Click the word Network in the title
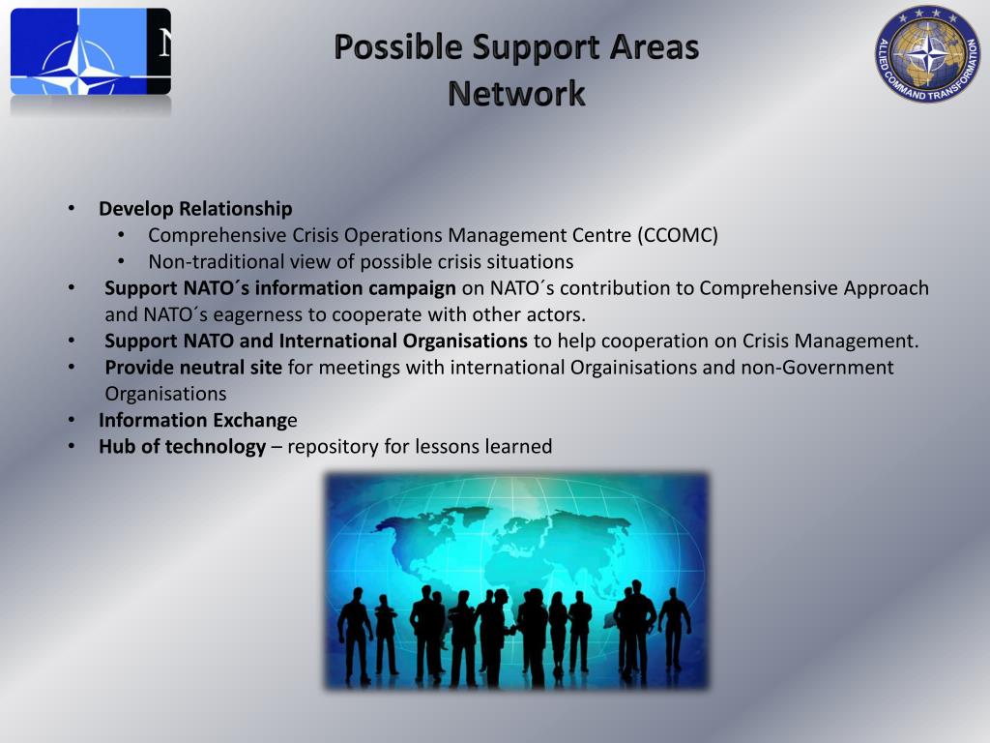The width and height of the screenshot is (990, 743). pos(516,94)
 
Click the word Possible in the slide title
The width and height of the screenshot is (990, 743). pos(398,47)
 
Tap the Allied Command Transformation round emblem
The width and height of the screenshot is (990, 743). pos(927,54)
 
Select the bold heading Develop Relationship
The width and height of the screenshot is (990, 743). pos(195,209)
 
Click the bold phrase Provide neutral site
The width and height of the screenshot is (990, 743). pos(193,368)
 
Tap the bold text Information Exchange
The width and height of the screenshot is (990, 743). pos(198,420)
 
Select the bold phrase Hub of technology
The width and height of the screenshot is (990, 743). pos(182,446)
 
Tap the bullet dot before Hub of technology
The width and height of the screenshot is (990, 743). pos(72,446)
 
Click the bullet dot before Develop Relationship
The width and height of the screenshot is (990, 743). pos(72,209)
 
